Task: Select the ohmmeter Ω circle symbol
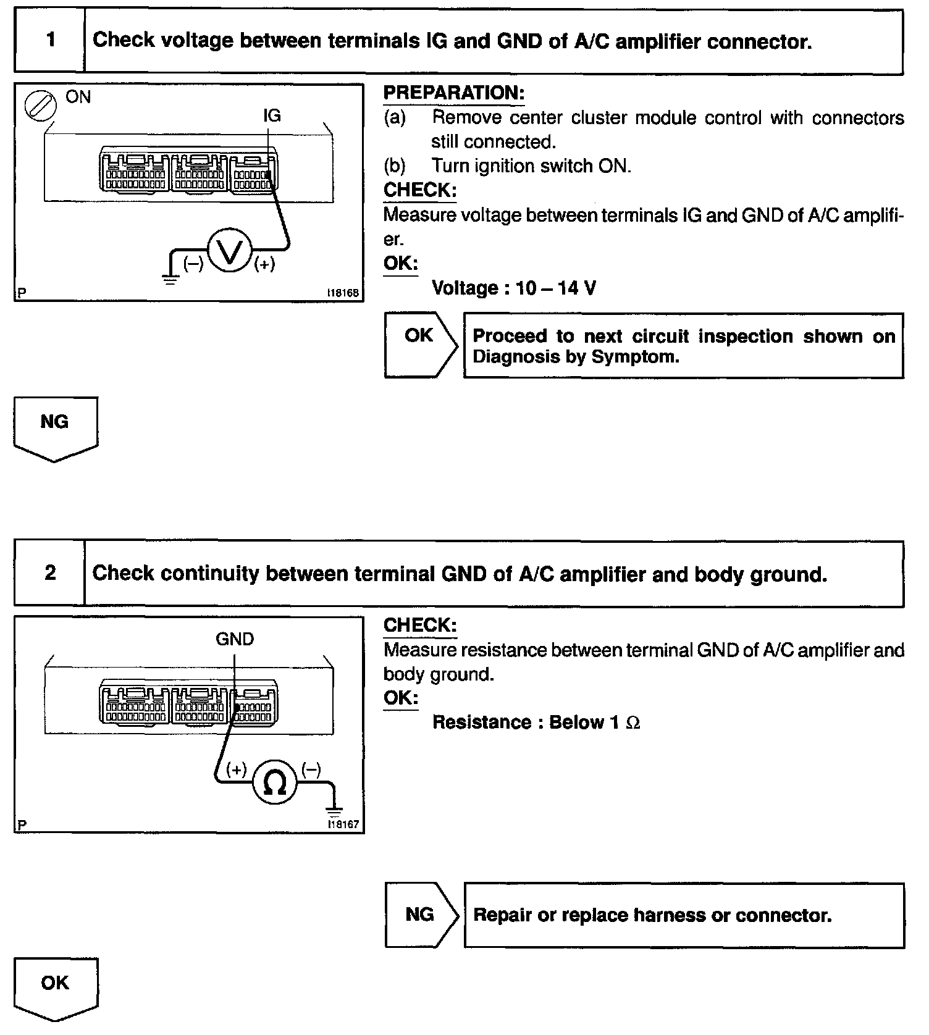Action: point(274,783)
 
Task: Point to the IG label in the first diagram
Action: point(272,115)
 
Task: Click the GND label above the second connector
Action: point(235,639)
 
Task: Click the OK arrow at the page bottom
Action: point(55,987)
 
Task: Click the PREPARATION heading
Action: point(454,93)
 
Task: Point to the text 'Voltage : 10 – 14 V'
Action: point(514,288)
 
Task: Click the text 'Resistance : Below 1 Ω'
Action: point(536,722)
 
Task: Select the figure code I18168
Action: point(343,293)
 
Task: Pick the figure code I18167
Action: point(343,824)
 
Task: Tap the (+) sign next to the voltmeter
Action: point(265,264)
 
